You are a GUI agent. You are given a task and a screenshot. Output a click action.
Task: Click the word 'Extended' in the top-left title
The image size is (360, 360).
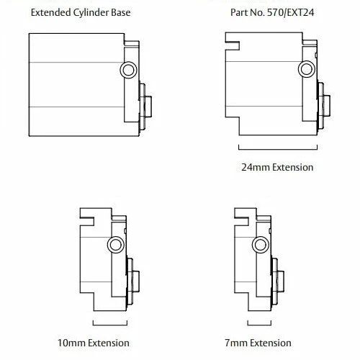tap(50, 12)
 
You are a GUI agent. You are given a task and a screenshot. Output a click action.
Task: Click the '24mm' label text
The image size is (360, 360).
tap(256, 167)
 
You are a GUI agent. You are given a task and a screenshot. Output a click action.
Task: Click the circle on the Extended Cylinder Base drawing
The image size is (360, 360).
tap(128, 69)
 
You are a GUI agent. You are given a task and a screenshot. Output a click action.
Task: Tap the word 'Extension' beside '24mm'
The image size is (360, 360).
tap(292, 167)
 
